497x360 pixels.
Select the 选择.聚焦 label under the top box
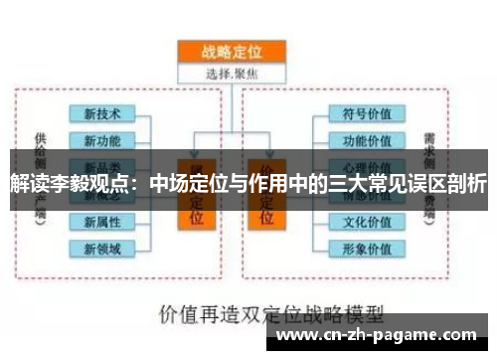click(x=232, y=73)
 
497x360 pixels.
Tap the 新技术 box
click(x=102, y=114)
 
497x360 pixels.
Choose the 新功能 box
click(x=102, y=141)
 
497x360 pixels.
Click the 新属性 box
click(x=102, y=221)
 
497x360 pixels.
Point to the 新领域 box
click(x=102, y=248)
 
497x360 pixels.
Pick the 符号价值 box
click(x=367, y=114)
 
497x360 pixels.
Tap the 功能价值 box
click(x=367, y=141)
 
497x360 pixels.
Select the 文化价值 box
click(x=367, y=221)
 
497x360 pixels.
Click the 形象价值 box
click(x=367, y=248)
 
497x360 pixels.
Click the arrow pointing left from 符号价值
click(x=320, y=114)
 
